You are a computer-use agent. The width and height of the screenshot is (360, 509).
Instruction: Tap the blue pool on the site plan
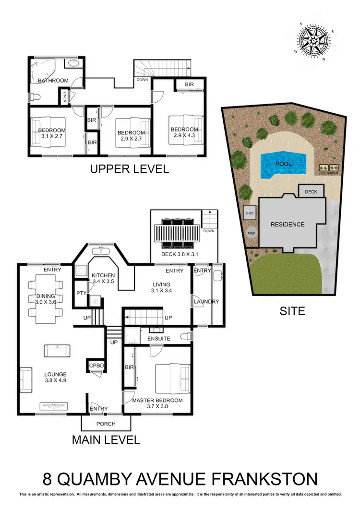283,164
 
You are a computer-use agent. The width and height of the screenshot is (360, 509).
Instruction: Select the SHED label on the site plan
249,213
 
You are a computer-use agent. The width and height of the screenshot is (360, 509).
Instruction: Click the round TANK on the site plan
251,233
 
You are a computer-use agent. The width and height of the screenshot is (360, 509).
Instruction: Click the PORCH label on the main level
106,424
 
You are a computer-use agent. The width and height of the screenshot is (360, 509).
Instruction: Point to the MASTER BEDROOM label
157,400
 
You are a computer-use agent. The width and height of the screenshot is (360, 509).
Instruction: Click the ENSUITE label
159,338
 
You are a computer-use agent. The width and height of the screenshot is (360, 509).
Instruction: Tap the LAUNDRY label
206,302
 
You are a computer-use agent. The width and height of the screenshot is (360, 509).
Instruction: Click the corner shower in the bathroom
42,71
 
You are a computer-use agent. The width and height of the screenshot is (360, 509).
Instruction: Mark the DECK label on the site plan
311,192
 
